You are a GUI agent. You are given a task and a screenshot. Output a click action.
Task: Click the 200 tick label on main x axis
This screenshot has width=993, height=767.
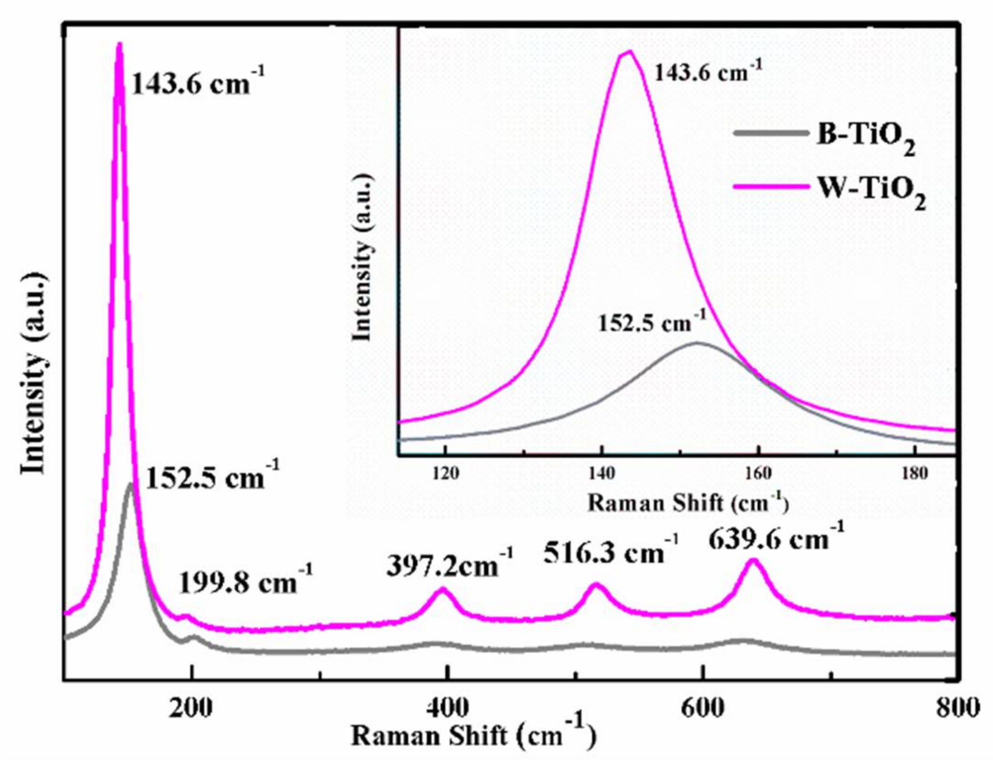click(191, 708)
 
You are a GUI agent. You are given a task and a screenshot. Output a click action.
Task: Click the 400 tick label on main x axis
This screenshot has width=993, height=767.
click(447, 708)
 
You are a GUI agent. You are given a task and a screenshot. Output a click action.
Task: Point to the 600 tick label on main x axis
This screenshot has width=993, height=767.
click(703, 708)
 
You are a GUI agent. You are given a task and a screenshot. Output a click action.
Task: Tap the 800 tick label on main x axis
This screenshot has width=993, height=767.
click(957, 708)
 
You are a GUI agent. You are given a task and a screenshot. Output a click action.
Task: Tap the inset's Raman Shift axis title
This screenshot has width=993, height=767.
click(688, 503)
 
